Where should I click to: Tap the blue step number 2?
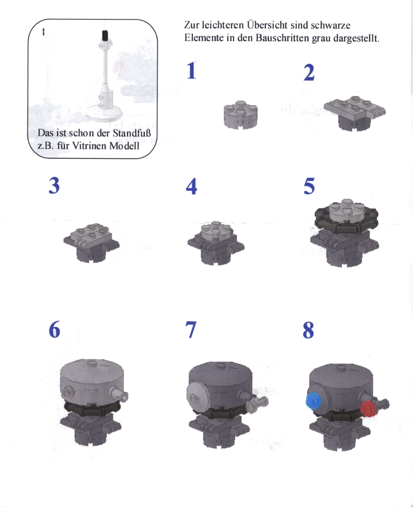point(309,72)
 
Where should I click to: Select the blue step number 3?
point(54,185)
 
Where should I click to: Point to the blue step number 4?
point(192,186)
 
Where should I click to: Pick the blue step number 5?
point(309,186)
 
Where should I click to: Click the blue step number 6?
point(54,329)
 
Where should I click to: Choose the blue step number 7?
point(191,330)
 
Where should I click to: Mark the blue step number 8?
point(309,330)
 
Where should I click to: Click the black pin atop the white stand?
point(104,35)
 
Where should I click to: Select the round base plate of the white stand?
point(104,114)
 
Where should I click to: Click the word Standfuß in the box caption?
point(132,133)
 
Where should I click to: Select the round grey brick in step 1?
point(241,115)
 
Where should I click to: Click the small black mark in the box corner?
point(44,32)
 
